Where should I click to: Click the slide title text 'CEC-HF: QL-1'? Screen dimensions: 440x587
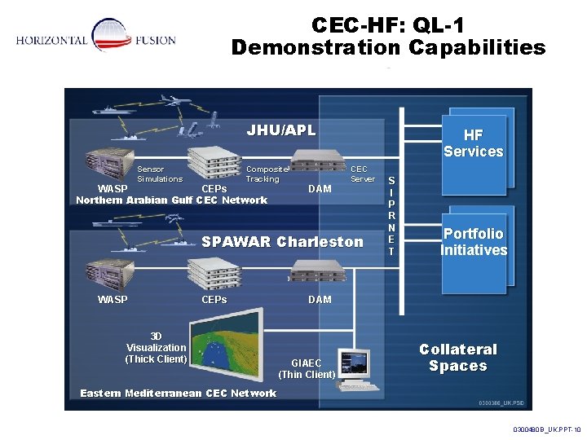388,25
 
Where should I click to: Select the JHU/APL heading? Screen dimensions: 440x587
280,130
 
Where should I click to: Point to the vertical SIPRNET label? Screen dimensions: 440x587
391,216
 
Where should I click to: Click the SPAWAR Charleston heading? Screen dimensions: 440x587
282,242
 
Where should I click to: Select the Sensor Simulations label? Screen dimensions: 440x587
160,174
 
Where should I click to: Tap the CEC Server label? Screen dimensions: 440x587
362,174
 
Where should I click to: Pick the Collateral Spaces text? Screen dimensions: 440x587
457,358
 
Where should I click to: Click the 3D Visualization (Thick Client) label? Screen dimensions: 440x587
156,347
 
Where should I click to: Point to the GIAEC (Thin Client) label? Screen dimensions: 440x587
307,368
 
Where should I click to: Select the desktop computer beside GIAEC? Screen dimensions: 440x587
356,368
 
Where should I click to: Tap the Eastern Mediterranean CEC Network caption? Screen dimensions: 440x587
178,394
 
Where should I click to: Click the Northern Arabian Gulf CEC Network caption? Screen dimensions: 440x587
171,200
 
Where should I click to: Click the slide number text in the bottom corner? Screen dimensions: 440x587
546,429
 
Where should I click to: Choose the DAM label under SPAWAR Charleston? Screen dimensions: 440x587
320,299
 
